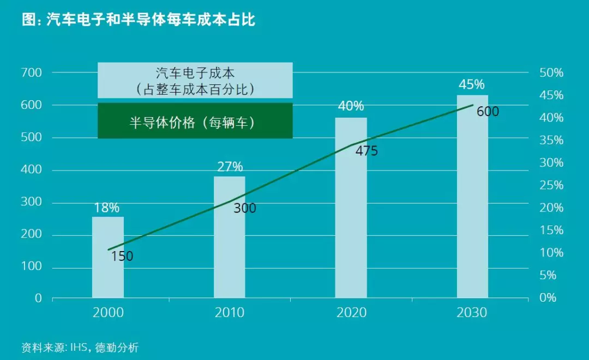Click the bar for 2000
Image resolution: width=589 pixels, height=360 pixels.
pyautogui.click(x=108, y=257)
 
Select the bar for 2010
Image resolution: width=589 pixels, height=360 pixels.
pyautogui.click(x=230, y=237)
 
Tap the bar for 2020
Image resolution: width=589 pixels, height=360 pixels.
pyautogui.click(x=351, y=208)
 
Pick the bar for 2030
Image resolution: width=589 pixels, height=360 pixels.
pyautogui.click(x=472, y=197)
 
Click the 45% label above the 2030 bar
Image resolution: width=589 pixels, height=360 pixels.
pyautogui.click(x=472, y=84)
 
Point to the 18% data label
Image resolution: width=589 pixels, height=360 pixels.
pyautogui.click(x=106, y=208)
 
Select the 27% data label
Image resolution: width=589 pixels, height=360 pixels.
pyautogui.click(x=230, y=167)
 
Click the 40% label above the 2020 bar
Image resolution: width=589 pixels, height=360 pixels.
pyautogui.click(x=351, y=106)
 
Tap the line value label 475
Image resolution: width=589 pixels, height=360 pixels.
pyautogui.click(x=366, y=151)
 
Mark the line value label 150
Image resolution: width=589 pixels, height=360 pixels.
pyautogui.click(x=122, y=256)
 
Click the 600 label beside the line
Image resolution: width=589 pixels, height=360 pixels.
pyautogui.click(x=488, y=112)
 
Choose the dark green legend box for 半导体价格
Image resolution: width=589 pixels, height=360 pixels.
pyautogui.click(x=195, y=121)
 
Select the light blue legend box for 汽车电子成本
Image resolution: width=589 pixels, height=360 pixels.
pyautogui.click(x=195, y=80)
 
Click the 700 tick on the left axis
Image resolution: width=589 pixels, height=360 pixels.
pyautogui.click(x=31, y=72)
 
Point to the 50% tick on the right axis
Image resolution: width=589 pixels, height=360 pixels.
pyautogui.click(x=551, y=73)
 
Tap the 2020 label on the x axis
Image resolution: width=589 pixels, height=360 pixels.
pyautogui.click(x=351, y=313)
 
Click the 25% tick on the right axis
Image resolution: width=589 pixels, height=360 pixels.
pyautogui.click(x=551, y=186)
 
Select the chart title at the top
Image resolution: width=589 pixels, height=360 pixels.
pyautogui.click(x=139, y=20)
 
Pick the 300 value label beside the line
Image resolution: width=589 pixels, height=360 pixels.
pyautogui.click(x=245, y=208)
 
